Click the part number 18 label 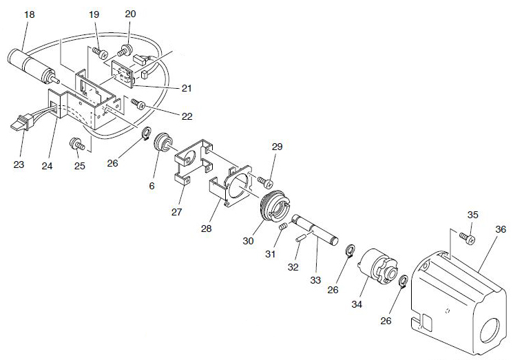29,14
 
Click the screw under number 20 127,49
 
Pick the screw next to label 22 138,104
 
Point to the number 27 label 176,211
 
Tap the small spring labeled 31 283,227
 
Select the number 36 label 501,230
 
